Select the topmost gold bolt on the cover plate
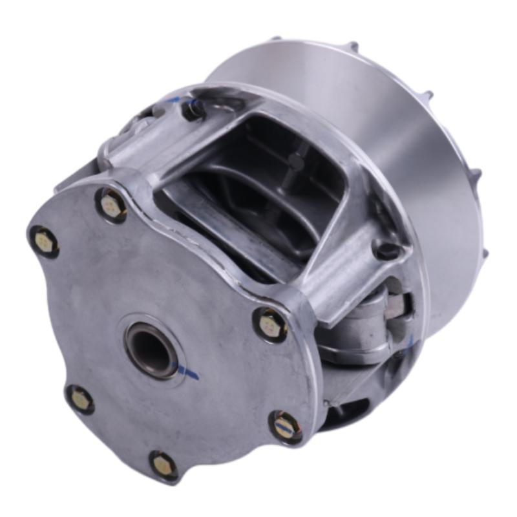[111, 205]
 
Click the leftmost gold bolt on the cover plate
[44, 242]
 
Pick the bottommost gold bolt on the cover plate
[163, 464]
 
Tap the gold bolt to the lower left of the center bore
[80, 399]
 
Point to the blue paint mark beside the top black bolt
[173, 100]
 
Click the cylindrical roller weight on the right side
[362, 323]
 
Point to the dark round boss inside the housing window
[295, 162]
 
